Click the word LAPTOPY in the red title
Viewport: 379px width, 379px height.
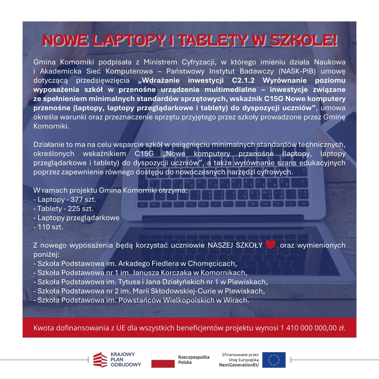129,40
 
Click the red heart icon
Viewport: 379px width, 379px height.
271,244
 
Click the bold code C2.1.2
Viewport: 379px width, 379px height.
243,81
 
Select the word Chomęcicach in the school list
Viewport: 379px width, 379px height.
212,264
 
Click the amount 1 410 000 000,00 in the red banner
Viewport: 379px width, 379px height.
309,328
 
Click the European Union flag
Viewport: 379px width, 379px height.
274,360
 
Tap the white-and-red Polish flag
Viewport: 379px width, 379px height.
163,360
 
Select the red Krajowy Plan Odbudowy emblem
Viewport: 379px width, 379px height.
100,360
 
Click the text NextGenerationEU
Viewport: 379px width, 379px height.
239,365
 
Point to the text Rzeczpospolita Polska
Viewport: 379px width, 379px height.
194,360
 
